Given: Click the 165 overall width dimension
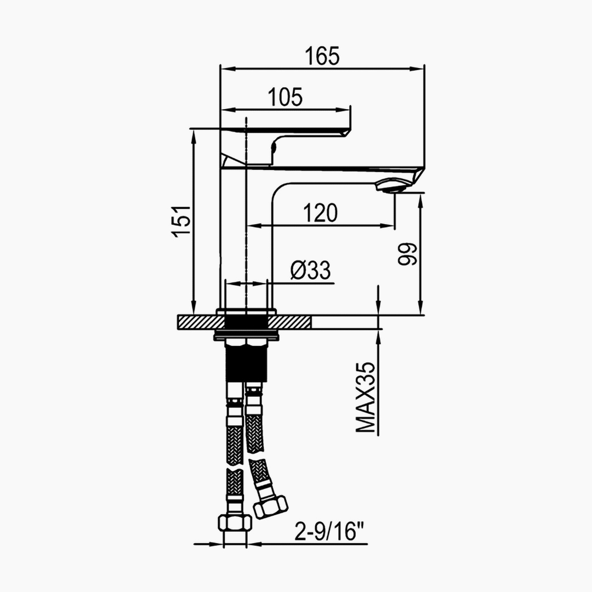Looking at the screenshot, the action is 322,56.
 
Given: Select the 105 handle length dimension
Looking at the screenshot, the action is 285,97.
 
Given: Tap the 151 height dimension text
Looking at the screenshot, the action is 181,221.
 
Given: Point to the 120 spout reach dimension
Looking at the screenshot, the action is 320,213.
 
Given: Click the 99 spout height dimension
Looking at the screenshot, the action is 408,254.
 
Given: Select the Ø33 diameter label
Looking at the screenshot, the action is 310,270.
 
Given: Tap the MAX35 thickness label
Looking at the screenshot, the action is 366,397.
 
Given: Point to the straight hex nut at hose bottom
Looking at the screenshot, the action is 235,522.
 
